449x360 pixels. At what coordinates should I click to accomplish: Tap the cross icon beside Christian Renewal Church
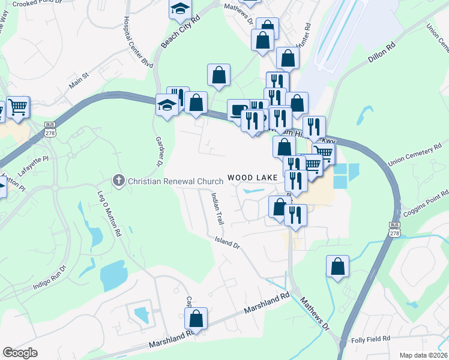pos(119,180)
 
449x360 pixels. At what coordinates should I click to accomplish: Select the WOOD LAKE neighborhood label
pos(252,178)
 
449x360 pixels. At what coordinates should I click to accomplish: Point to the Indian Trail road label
pos(217,209)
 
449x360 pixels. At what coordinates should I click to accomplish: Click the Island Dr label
pos(228,242)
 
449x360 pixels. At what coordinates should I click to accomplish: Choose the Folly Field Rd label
pos(370,339)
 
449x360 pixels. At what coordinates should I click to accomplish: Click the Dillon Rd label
pos(381,52)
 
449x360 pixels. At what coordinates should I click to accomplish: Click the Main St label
pos(78,81)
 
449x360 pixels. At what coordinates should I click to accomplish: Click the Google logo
pos(20,353)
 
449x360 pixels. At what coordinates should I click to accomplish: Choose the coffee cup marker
pos(238,110)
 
